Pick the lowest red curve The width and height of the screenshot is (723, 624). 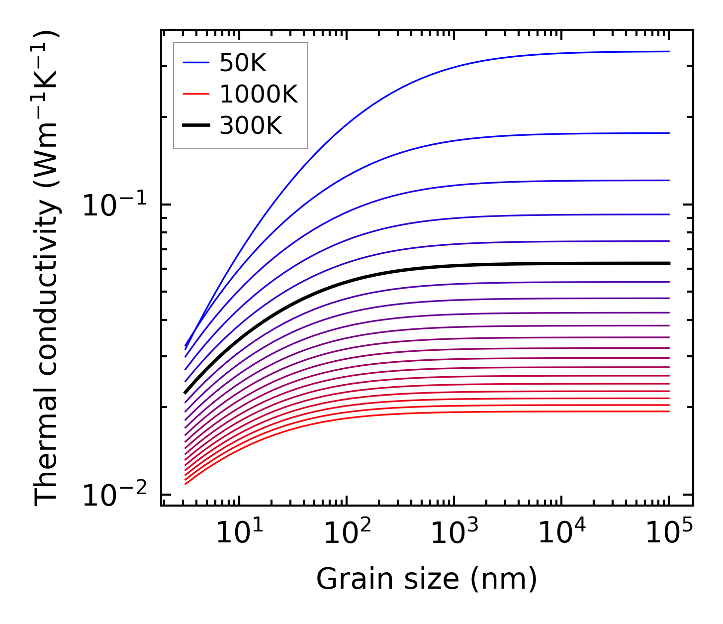coord(448,412)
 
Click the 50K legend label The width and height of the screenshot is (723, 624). coord(243,63)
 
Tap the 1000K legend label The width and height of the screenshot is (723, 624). coord(259,94)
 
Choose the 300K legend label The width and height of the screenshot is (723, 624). coord(251,125)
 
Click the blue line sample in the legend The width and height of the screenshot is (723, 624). coord(196,63)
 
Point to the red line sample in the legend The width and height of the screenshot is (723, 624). coord(196,94)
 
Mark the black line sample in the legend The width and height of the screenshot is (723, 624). coord(196,125)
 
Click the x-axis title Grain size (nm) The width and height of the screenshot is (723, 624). coord(427,579)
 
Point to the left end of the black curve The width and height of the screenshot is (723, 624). coord(185,393)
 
